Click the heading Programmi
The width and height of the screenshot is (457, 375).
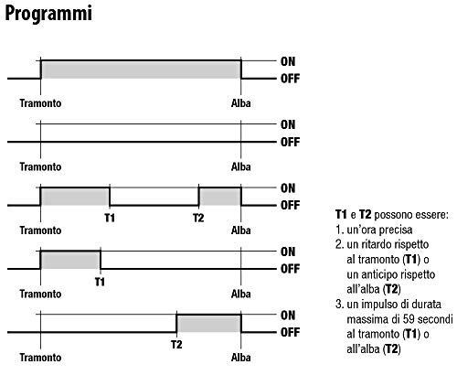(x=48, y=15)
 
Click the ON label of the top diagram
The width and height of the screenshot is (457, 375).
(x=288, y=61)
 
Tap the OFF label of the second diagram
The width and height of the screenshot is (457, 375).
(x=290, y=142)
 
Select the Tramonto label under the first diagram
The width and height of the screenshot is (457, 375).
(x=40, y=103)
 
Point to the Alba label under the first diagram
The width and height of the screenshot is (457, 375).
(x=241, y=103)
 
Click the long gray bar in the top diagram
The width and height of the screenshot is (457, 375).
(x=141, y=70)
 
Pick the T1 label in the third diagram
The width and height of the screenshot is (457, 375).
(x=110, y=218)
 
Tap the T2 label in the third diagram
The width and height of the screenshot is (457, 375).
(x=198, y=218)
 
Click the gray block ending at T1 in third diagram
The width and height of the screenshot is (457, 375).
(x=75, y=197)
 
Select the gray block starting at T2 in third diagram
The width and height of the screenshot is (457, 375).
(x=220, y=197)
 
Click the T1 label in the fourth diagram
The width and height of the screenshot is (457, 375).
(x=100, y=282)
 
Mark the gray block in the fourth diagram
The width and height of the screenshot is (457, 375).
(x=70, y=261)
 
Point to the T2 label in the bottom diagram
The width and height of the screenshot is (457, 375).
(x=176, y=345)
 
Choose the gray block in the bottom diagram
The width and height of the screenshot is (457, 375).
(x=209, y=324)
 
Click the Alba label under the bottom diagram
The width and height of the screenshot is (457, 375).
(x=241, y=358)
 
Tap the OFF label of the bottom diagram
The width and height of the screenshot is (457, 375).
(x=290, y=332)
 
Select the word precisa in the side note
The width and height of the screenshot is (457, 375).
(x=395, y=230)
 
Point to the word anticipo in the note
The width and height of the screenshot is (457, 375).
(x=378, y=274)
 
